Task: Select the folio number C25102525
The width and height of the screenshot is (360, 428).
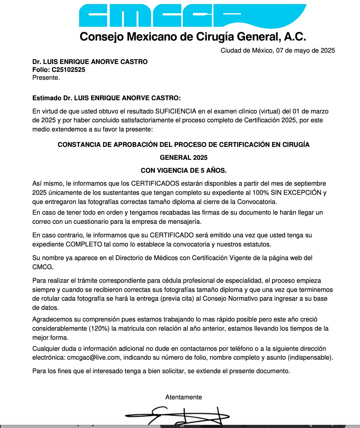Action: pyautogui.click(x=68, y=70)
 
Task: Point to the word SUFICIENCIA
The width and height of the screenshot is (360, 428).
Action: pyautogui.click(x=176, y=111)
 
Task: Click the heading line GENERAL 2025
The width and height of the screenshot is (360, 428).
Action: pyautogui.click(x=183, y=158)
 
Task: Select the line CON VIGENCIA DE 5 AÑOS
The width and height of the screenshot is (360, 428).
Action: pyautogui.click(x=183, y=171)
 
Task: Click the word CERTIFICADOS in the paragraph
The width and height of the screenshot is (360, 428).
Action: pyautogui.click(x=155, y=183)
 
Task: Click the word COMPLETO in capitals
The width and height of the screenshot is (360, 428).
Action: pyautogui.click(x=84, y=244)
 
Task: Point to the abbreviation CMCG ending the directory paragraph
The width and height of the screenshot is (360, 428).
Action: pyautogui.click(x=42, y=267)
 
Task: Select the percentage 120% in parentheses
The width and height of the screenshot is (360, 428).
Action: pyautogui.click(x=99, y=328)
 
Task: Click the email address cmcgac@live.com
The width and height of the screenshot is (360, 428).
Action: pyautogui.click(x=93, y=357)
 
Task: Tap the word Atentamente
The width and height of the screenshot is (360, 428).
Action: pyautogui.click(x=183, y=397)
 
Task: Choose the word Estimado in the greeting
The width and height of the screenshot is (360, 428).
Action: pyautogui.click(x=47, y=98)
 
